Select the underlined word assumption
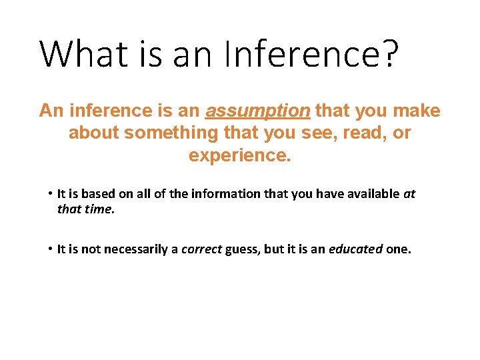258,111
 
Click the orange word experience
240,156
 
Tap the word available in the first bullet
371,195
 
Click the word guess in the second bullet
240,250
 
